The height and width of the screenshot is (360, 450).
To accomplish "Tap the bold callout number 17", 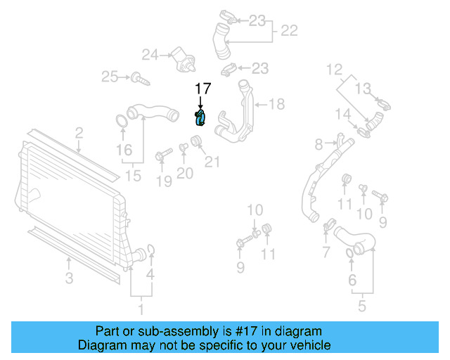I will point(202,89).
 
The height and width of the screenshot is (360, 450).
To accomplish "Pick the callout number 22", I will point(289,30).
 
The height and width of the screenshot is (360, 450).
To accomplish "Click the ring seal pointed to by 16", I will point(120,120).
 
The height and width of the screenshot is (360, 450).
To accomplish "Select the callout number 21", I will point(212,162).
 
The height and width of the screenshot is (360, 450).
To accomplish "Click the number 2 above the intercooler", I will point(79,132).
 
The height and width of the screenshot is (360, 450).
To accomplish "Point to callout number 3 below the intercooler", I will point(69,278).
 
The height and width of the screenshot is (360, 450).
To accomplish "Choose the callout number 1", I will point(140,308).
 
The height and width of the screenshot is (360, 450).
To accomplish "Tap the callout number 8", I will point(319,144).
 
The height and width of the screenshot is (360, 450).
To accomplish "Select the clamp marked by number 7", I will point(328,227).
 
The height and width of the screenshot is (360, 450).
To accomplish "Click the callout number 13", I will point(362,88).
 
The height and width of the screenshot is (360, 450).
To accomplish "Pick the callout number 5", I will point(361,307).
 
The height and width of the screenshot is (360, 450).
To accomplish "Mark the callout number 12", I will point(334,70).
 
